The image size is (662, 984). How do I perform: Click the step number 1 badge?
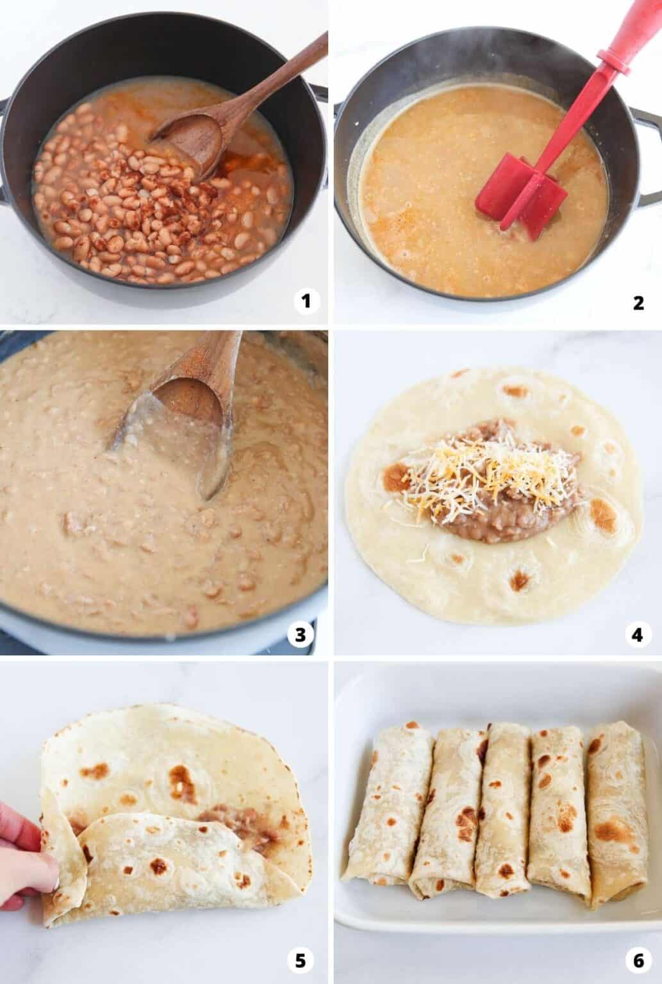click(306, 301)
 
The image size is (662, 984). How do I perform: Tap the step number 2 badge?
click(638, 303)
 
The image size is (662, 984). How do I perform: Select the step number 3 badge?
click(300, 635)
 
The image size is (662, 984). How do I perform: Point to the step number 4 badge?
click(638, 635)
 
